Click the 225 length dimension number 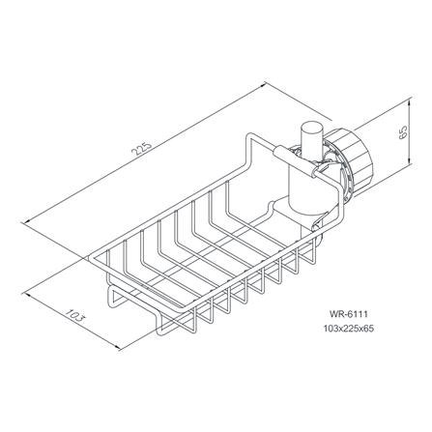[142, 148]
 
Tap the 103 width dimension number [74, 315]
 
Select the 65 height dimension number [403, 131]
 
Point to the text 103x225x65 [349, 329]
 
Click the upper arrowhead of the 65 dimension [409, 102]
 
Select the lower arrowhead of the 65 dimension [409, 161]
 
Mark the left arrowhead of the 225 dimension [29, 220]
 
